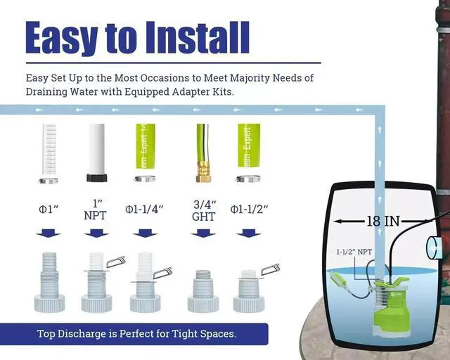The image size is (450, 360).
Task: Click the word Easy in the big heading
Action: pos(58,37)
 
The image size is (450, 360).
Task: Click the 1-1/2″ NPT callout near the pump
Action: pos(352,252)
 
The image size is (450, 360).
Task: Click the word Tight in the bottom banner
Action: pos(184,333)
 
